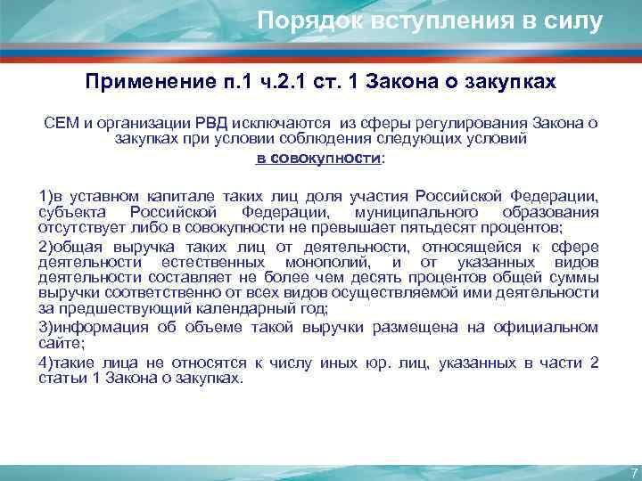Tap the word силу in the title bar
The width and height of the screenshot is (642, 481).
pos(572,20)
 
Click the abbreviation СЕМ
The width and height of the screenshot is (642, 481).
pos(61,122)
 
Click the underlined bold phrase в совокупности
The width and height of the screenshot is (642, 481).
pos(307,158)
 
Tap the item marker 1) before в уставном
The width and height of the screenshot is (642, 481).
pos(45,196)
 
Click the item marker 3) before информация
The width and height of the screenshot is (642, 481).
pos(45,328)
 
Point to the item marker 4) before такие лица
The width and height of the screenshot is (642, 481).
pos(45,360)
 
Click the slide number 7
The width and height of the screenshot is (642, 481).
pos(632,472)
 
